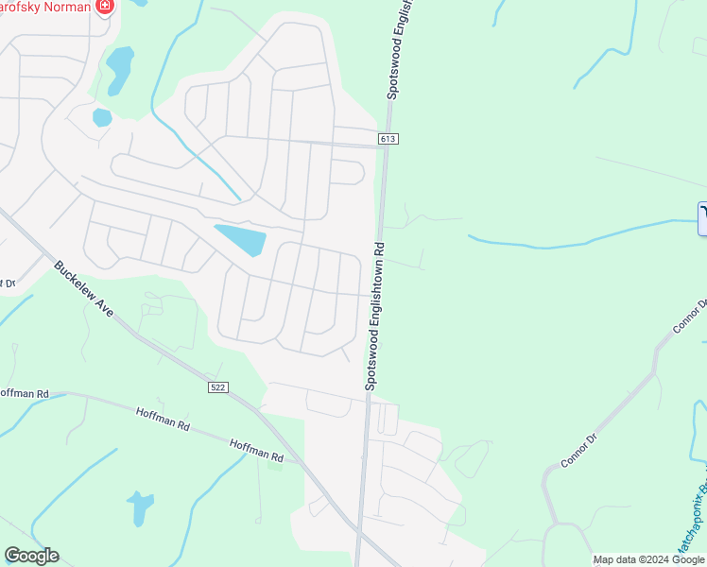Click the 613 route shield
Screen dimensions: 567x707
tap(388, 139)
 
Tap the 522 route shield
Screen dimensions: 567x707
tap(218, 387)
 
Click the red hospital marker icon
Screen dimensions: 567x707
tap(105, 8)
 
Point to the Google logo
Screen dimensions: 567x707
tap(31, 556)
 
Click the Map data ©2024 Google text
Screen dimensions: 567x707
tap(648, 559)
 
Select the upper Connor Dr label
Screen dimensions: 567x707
tap(691, 318)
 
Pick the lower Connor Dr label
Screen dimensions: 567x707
tap(579, 449)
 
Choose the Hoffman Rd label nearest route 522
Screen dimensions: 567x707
tap(256, 452)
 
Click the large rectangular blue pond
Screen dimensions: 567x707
tap(240, 240)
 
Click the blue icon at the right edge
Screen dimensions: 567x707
tap(702, 218)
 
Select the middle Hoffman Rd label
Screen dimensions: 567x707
tap(163, 420)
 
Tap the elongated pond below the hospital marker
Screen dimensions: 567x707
tap(119, 71)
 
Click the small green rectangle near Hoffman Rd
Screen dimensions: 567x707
tap(275, 463)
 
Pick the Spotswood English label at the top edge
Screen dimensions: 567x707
tap(396, 47)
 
